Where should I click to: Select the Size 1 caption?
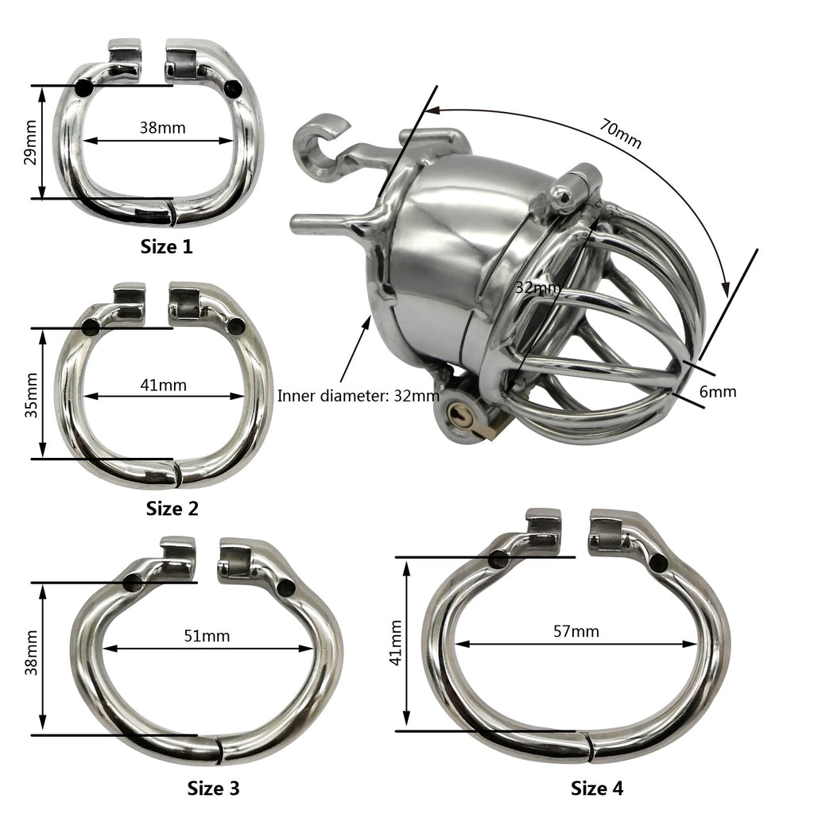point(166,246)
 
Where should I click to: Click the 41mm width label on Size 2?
point(163,385)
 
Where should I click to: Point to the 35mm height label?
point(30,393)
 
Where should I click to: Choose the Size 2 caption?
point(172,508)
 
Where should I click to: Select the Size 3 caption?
point(213,788)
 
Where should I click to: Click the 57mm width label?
point(576,631)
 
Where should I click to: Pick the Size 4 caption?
point(597,788)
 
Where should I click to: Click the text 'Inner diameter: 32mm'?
point(358,395)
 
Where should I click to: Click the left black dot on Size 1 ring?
point(83,89)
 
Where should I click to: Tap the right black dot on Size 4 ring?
point(658,563)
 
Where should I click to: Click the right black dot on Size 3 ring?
point(285,587)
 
